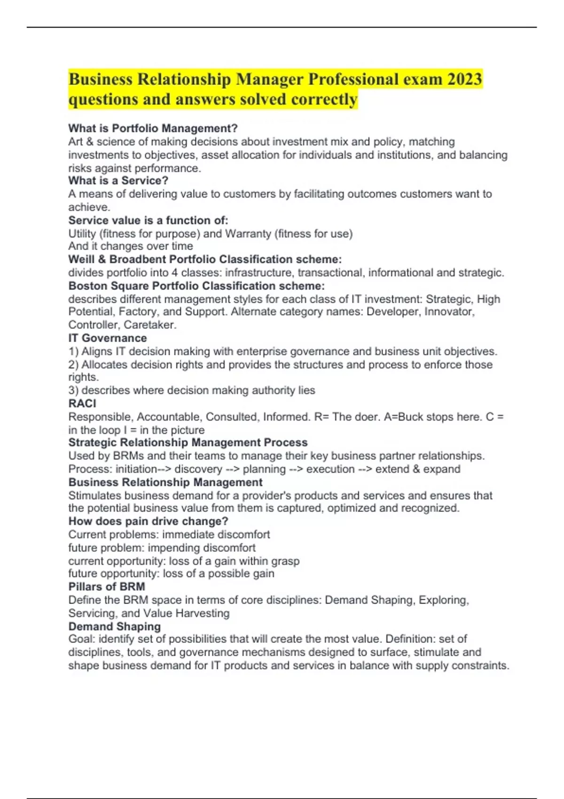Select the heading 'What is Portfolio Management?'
pyautogui.click(x=153, y=128)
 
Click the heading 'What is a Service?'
pyautogui.click(x=118, y=180)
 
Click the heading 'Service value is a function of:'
pyautogui.click(x=148, y=220)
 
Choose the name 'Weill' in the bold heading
pyautogui.click(x=81, y=259)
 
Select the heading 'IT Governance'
pyautogui.click(x=108, y=338)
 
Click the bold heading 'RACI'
pyautogui.click(x=82, y=403)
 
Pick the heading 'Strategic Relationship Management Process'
pyautogui.click(x=188, y=443)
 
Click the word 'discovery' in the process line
pyautogui.click(x=198, y=469)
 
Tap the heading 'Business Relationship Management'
pyautogui.click(x=165, y=482)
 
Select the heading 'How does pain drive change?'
pyautogui.click(x=148, y=521)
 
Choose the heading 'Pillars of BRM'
pyautogui.click(x=107, y=587)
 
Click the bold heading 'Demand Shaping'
pyautogui.click(x=115, y=627)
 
